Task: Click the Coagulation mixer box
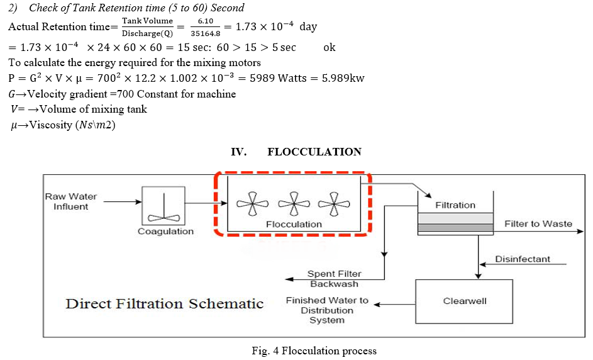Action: [163, 205]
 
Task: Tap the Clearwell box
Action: [464, 301]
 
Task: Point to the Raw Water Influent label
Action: [70, 201]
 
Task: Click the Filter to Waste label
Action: [538, 223]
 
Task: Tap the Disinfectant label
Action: [522, 259]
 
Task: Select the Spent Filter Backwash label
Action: [334, 279]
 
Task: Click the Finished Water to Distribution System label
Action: [327, 310]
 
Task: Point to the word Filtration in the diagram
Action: [455, 205]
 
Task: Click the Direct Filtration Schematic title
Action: [164, 304]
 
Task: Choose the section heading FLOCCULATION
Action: [314, 152]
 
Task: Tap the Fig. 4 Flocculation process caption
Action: [314, 351]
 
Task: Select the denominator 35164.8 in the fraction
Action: [206, 33]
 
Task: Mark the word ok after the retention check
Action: [329, 48]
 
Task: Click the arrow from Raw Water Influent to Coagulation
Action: [122, 202]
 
